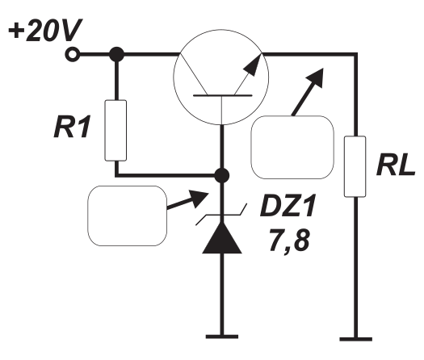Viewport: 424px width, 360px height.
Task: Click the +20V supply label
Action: (45, 30)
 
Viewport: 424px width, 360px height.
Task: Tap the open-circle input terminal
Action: (72, 54)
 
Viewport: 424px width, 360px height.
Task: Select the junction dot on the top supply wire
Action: (116, 54)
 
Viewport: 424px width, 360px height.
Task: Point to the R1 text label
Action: (72, 127)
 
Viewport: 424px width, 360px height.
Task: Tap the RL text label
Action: (396, 165)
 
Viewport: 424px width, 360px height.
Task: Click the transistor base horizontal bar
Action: (223, 95)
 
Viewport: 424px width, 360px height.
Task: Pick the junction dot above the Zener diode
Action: (222, 176)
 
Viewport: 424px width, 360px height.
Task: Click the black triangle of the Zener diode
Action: (222, 237)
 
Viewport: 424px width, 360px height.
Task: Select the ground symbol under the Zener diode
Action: (222, 337)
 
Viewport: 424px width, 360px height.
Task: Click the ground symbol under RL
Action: (356, 339)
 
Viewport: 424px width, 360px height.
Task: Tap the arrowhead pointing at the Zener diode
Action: (199, 199)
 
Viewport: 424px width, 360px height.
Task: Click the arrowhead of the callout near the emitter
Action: (315, 77)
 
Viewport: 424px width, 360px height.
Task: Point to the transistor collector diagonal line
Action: (194, 74)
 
